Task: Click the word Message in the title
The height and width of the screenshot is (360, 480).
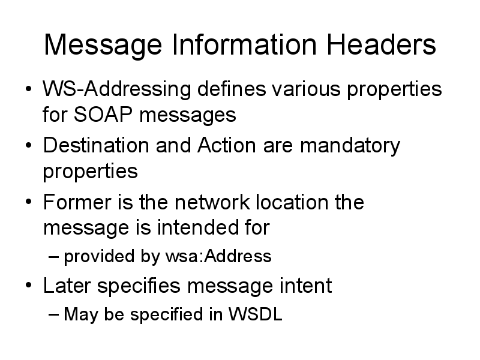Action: pos(103,46)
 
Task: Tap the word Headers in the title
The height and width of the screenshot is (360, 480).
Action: pos(382,44)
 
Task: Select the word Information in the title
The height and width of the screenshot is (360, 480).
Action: pos(244,44)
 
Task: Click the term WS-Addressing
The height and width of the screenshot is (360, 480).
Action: pos(116,89)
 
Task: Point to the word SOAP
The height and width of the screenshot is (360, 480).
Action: pos(103,115)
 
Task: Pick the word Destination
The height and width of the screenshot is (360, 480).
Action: pos(96,145)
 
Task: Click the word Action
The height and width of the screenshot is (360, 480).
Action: pos(227,145)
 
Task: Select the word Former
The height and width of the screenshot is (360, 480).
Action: pos(77,202)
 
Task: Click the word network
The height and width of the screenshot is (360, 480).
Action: pos(212,202)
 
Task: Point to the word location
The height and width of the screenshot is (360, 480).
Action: pos(292,202)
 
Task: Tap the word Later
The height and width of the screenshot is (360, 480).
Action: pos(67,286)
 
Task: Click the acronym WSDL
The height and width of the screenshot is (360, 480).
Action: pos(256,314)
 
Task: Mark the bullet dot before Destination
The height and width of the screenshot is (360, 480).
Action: pos(28,145)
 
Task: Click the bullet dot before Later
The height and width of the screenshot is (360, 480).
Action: pos(28,286)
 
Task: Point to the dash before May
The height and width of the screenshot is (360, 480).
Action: pos(53,314)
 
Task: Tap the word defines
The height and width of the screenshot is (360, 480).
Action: pos(232,89)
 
